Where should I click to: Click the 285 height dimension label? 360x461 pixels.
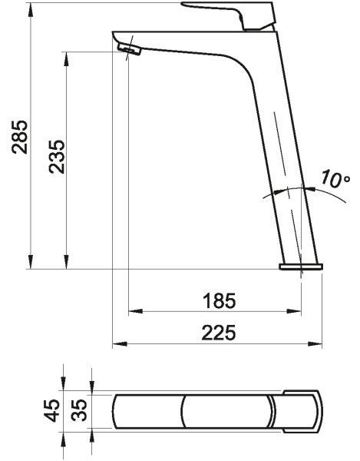point(20,137)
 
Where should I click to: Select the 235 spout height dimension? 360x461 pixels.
point(57,157)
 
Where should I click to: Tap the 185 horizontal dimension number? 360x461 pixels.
point(219,300)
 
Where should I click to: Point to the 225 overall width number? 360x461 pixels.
point(219,333)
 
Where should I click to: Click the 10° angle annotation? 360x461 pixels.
point(335,178)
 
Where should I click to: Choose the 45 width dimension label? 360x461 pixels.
point(52,410)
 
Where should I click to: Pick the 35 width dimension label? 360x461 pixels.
point(80,410)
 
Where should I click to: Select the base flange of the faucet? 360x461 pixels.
point(301,267)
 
